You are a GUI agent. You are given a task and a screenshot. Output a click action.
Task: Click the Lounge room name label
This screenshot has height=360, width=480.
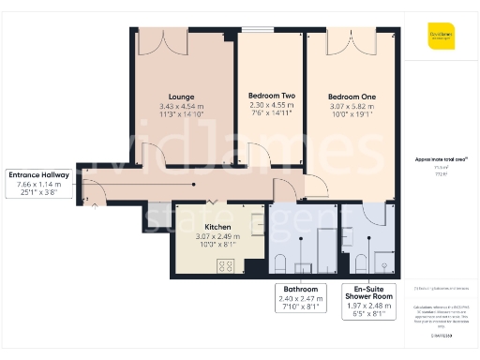point(181,97)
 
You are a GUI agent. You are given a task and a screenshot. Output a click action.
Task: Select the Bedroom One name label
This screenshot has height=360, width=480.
point(352,97)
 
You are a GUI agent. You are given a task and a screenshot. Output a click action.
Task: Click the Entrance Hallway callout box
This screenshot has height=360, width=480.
point(37,185)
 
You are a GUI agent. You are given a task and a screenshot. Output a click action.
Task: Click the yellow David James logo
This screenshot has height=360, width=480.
point(441,36)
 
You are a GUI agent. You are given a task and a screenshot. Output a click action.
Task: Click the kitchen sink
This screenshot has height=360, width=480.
point(257,223)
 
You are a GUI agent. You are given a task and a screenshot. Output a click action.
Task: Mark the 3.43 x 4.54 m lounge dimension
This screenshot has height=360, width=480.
point(181,107)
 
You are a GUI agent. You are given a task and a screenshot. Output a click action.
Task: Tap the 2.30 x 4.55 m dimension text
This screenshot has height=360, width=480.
point(270,107)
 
